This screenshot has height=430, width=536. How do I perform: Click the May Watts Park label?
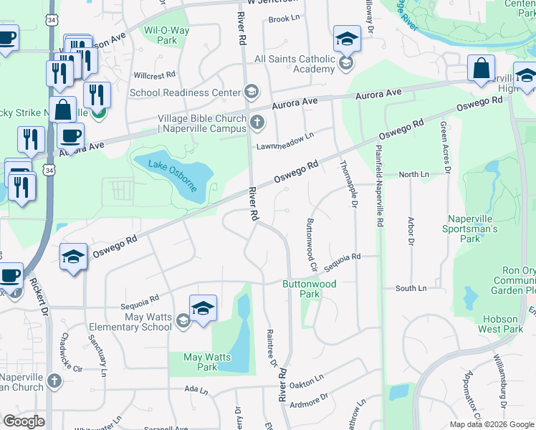201,362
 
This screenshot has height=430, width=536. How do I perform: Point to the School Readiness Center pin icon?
252,92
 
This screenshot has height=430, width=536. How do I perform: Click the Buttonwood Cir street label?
311,244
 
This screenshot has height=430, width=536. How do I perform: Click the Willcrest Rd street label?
154,75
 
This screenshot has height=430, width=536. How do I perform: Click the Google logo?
24,421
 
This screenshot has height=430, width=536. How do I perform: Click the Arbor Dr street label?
411,231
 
